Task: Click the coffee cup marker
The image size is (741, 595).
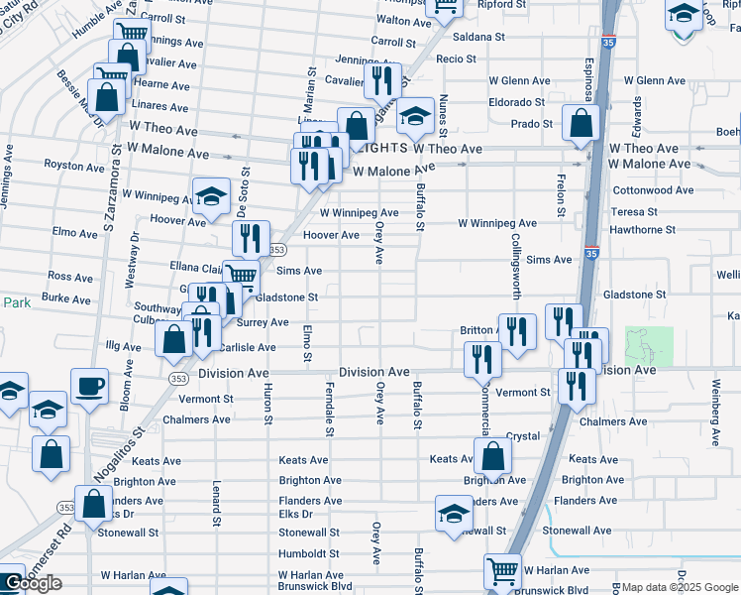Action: (x=89, y=385)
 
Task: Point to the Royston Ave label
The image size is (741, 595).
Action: (x=73, y=165)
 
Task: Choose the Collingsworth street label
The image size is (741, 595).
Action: (x=515, y=267)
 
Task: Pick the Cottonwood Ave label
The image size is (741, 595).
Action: (x=653, y=189)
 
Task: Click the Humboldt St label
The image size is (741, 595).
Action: (x=308, y=553)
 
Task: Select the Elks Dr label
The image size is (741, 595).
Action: (x=295, y=514)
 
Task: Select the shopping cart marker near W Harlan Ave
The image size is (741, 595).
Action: (x=502, y=571)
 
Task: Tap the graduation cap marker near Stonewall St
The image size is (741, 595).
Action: (x=454, y=514)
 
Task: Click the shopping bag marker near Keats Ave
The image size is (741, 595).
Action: (x=492, y=457)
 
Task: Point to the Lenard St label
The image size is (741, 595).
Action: (x=215, y=503)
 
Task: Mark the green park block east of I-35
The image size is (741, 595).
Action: (x=649, y=346)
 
